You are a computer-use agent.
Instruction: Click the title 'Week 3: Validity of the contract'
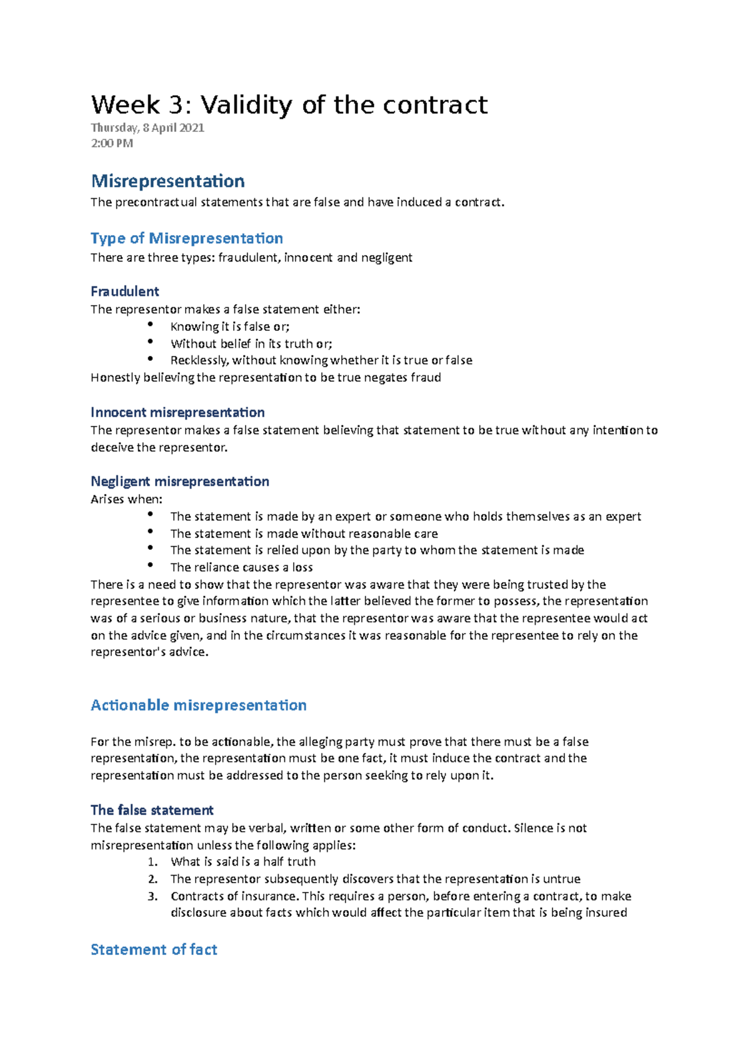click(289, 105)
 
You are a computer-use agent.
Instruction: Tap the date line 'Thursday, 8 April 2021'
click(147, 128)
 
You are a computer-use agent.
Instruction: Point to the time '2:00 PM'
click(112, 143)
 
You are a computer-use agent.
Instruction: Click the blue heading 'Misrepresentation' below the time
click(167, 181)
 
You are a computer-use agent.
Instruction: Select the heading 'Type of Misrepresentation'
click(187, 238)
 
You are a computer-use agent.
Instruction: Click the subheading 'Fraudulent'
click(125, 291)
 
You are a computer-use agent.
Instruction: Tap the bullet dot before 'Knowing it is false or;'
click(150, 324)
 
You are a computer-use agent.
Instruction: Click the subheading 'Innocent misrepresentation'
click(177, 413)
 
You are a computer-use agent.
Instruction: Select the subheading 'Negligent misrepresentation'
click(180, 482)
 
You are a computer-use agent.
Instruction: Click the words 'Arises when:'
click(126, 499)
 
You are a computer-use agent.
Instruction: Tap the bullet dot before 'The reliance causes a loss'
click(150, 565)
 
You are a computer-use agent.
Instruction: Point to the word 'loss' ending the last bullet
click(302, 567)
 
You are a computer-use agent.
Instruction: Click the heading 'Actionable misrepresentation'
click(199, 705)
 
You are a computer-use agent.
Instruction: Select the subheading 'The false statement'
click(152, 811)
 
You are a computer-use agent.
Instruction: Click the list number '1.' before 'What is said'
click(153, 862)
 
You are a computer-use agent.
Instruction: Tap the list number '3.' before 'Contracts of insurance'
click(153, 896)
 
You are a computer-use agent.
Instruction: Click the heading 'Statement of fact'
click(154, 950)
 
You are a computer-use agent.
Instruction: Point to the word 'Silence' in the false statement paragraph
click(534, 828)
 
